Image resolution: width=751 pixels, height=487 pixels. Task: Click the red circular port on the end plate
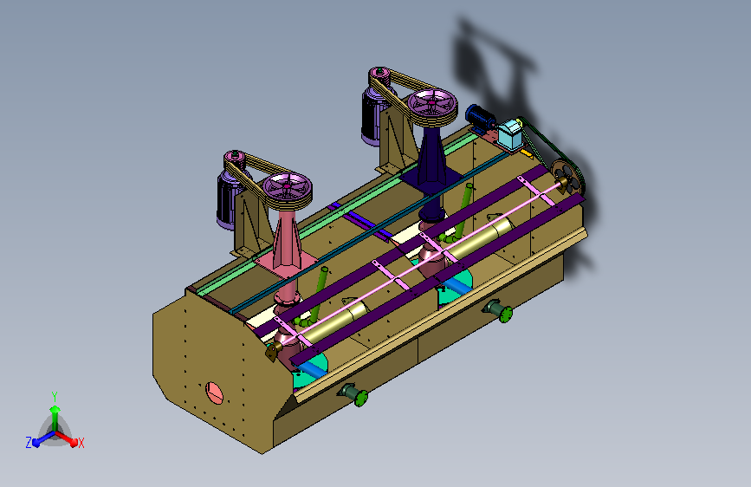214,393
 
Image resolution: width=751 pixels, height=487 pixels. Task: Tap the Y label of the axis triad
55,396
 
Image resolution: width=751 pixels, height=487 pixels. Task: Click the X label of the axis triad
81,444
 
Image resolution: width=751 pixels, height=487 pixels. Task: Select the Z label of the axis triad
29,443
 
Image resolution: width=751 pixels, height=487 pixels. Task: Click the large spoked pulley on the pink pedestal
288,187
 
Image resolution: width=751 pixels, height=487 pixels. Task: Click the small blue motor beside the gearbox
480,118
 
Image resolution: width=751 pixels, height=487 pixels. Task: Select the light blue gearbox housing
509,133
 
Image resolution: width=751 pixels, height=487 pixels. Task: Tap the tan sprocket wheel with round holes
566,177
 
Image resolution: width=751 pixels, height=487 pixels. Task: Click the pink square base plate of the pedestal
287,264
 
